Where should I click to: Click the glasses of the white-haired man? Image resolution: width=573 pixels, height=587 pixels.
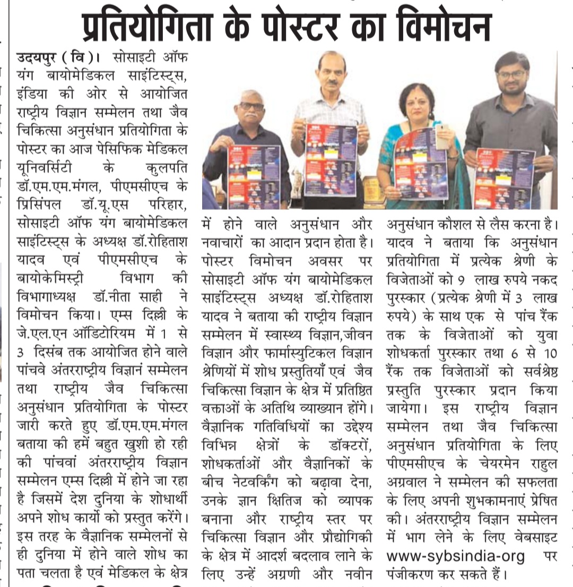(251, 106)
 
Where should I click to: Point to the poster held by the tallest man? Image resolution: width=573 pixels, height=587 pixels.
(329, 159)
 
